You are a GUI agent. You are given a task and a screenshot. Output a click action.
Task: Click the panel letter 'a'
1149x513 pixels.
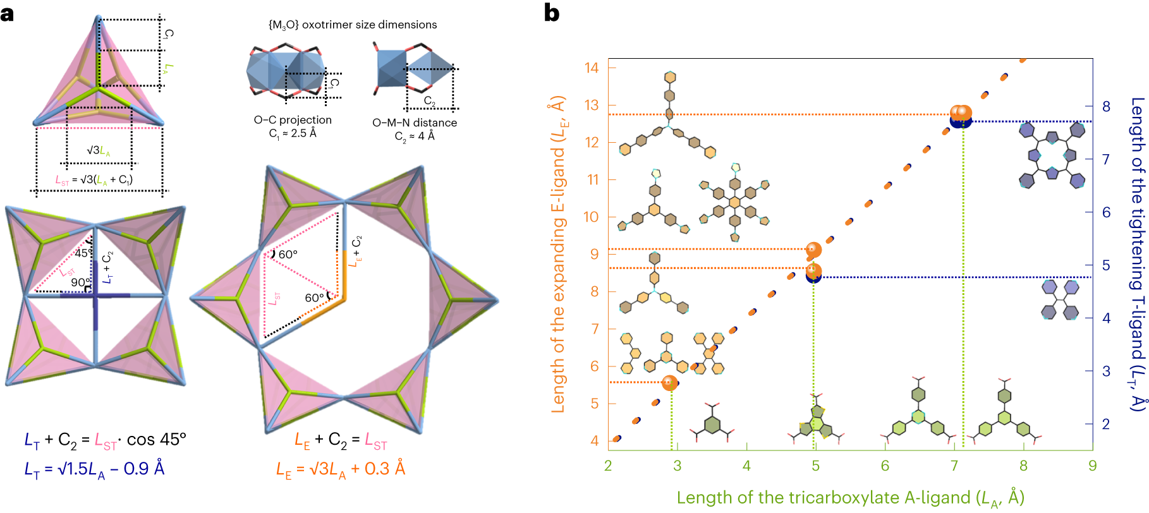pos(8,13)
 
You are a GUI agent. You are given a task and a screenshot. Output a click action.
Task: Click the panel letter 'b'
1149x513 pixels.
pos(552,13)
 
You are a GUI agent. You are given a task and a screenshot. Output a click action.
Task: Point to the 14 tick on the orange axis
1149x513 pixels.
pos(592,68)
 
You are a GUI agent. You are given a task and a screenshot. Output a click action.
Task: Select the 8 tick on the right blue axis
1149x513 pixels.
pos(1106,106)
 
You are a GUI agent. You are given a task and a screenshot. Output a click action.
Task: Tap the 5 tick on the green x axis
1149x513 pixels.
pos(815,466)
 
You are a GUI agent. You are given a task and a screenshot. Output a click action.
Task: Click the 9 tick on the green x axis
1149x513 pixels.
pos(1092,466)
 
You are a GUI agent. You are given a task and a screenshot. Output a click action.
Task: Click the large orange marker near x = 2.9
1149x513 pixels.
pos(670,382)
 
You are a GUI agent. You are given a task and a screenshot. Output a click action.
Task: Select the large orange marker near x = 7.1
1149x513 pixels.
pos(961,113)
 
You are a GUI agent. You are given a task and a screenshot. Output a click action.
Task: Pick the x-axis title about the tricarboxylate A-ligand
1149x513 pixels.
pos(850,498)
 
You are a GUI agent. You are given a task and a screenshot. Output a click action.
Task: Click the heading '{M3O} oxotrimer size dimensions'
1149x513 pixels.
pos(353,25)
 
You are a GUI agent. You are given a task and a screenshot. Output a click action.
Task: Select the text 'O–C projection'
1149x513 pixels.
pos(293,120)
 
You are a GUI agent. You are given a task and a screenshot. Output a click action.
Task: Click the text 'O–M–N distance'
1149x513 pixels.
pos(415,123)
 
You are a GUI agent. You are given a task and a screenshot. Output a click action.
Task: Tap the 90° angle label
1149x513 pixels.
pos(80,282)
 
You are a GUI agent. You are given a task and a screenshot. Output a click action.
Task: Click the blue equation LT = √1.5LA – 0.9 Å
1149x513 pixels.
pos(94,469)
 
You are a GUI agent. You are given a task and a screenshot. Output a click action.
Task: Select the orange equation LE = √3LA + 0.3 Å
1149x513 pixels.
pos(341,469)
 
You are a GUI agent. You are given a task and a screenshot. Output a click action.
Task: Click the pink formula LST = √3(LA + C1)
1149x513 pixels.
pos(94,180)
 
